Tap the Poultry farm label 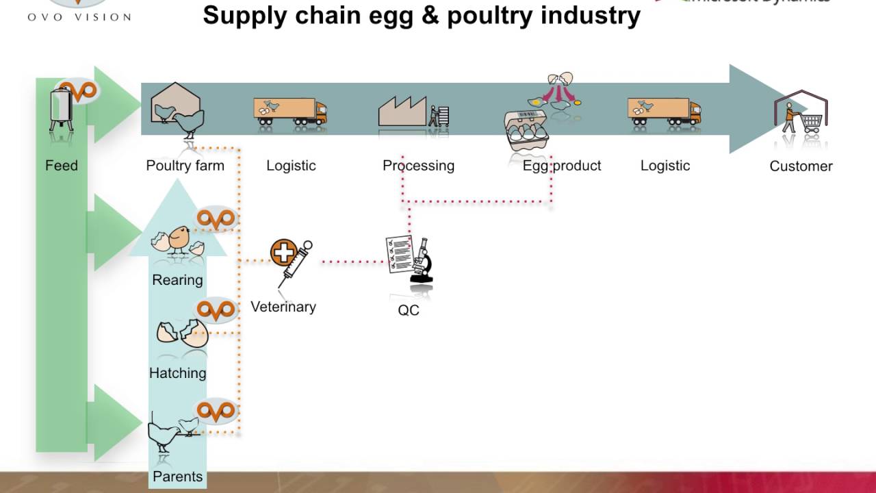click(185, 166)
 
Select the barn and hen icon click(177, 110)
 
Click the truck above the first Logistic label click(290, 111)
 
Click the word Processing click(418, 166)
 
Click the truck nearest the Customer click(664, 111)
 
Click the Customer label click(801, 166)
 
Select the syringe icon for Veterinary click(290, 260)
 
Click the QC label click(409, 310)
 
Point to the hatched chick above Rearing click(179, 240)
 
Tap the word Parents click(177, 477)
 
